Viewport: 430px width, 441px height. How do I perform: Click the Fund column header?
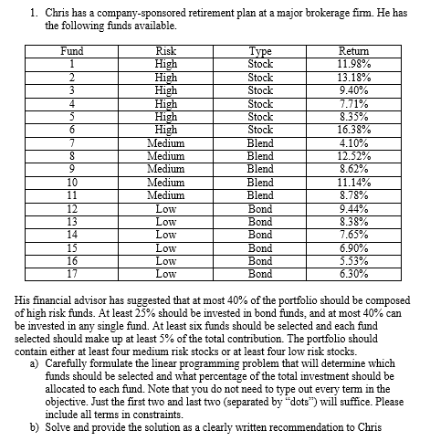(70, 52)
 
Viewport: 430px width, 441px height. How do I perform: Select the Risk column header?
(166, 52)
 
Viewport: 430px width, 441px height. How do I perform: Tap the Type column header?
(260, 52)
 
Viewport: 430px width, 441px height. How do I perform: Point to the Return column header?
(353, 52)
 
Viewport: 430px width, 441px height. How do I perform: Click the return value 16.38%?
(353, 130)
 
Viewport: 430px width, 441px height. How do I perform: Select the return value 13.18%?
(353, 78)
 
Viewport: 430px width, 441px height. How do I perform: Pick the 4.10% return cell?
(353, 142)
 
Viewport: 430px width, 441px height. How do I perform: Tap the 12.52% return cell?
(353, 155)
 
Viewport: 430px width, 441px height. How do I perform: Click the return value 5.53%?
(353, 259)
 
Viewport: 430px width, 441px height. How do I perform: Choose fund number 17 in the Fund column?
(70, 272)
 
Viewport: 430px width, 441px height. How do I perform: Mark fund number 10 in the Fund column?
(70, 182)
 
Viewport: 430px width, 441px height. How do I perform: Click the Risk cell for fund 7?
(166, 142)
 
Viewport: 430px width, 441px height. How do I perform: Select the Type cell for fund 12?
(260, 207)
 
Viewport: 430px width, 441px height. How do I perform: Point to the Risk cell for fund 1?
(166, 65)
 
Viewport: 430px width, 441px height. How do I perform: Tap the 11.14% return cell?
(353, 182)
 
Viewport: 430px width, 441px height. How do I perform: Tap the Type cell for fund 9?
(260, 168)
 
